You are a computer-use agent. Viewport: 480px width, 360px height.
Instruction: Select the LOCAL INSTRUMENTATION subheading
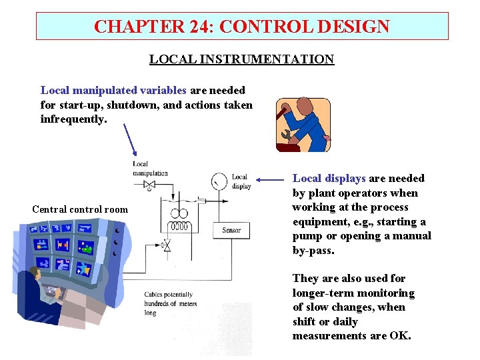pos(241,59)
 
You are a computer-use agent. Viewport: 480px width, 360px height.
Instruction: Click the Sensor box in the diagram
pos(231,230)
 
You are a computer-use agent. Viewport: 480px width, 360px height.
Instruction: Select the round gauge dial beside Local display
pos(219,181)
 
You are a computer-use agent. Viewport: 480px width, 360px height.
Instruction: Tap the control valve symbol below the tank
pos(167,247)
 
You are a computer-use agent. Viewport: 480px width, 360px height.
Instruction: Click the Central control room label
pos(80,209)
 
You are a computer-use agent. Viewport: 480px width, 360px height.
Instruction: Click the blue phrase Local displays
pos(329,178)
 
